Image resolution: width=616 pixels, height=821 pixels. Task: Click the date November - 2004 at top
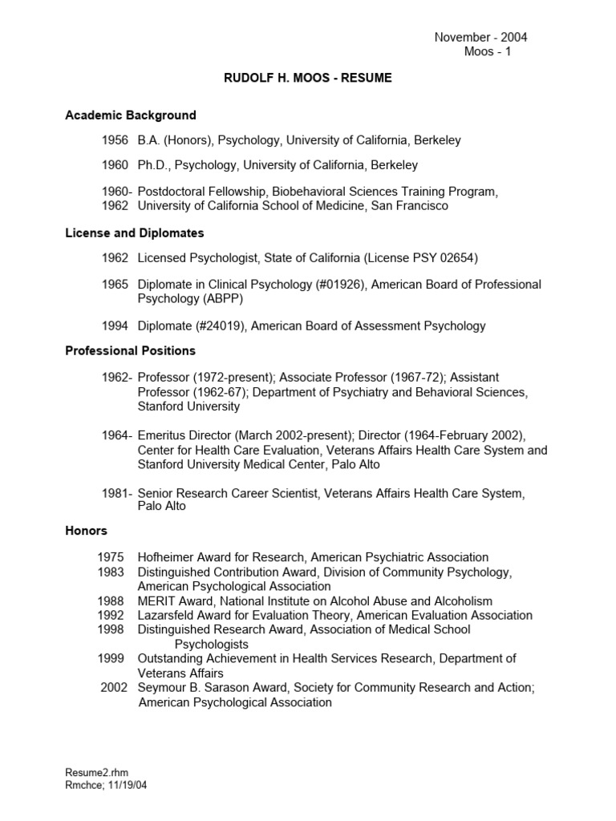click(x=480, y=37)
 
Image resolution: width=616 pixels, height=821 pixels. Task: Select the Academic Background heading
click(x=131, y=115)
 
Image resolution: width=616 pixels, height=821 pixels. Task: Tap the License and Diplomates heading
click(x=135, y=233)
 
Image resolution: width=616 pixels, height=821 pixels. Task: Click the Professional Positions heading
click(x=130, y=350)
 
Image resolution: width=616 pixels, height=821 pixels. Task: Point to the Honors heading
click(x=86, y=531)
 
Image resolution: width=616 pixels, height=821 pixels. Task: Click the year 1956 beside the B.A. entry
click(x=115, y=140)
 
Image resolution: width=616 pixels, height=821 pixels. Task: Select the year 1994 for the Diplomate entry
click(x=115, y=326)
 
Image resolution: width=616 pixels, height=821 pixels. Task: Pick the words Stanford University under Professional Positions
click(x=188, y=406)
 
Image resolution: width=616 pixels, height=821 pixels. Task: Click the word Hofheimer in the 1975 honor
click(x=168, y=557)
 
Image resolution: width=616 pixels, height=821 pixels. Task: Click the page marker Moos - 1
click(x=488, y=52)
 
